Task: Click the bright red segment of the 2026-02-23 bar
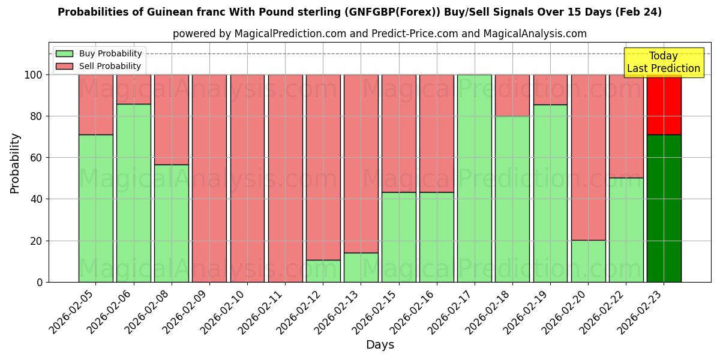pyautogui.click(x=664, y=105)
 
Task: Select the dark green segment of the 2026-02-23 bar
pyautogui.click(x=664, y=208)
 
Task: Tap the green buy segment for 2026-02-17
pyautogui.click(x=474, y=178)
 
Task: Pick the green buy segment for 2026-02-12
pyautogui.click(x=323, y=271)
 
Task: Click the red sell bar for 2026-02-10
pyautogui.click(x=247, y=178)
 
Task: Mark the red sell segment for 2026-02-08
pyautogui.click(x=171, y=119)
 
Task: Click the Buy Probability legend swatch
pyautogui.click(x=64, y=54)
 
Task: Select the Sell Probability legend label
pyautogui.click(x=110, y=66)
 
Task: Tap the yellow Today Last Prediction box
pyautogui.click(x=663, y=62)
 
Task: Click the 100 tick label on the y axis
pyautogui.click(x=32, y=75)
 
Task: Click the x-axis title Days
pyautogui.click(x=380, y=345)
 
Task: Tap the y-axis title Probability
pyautogui.click(x=15, y=163)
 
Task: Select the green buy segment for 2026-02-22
pyautogui.click(x=626, y=230)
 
